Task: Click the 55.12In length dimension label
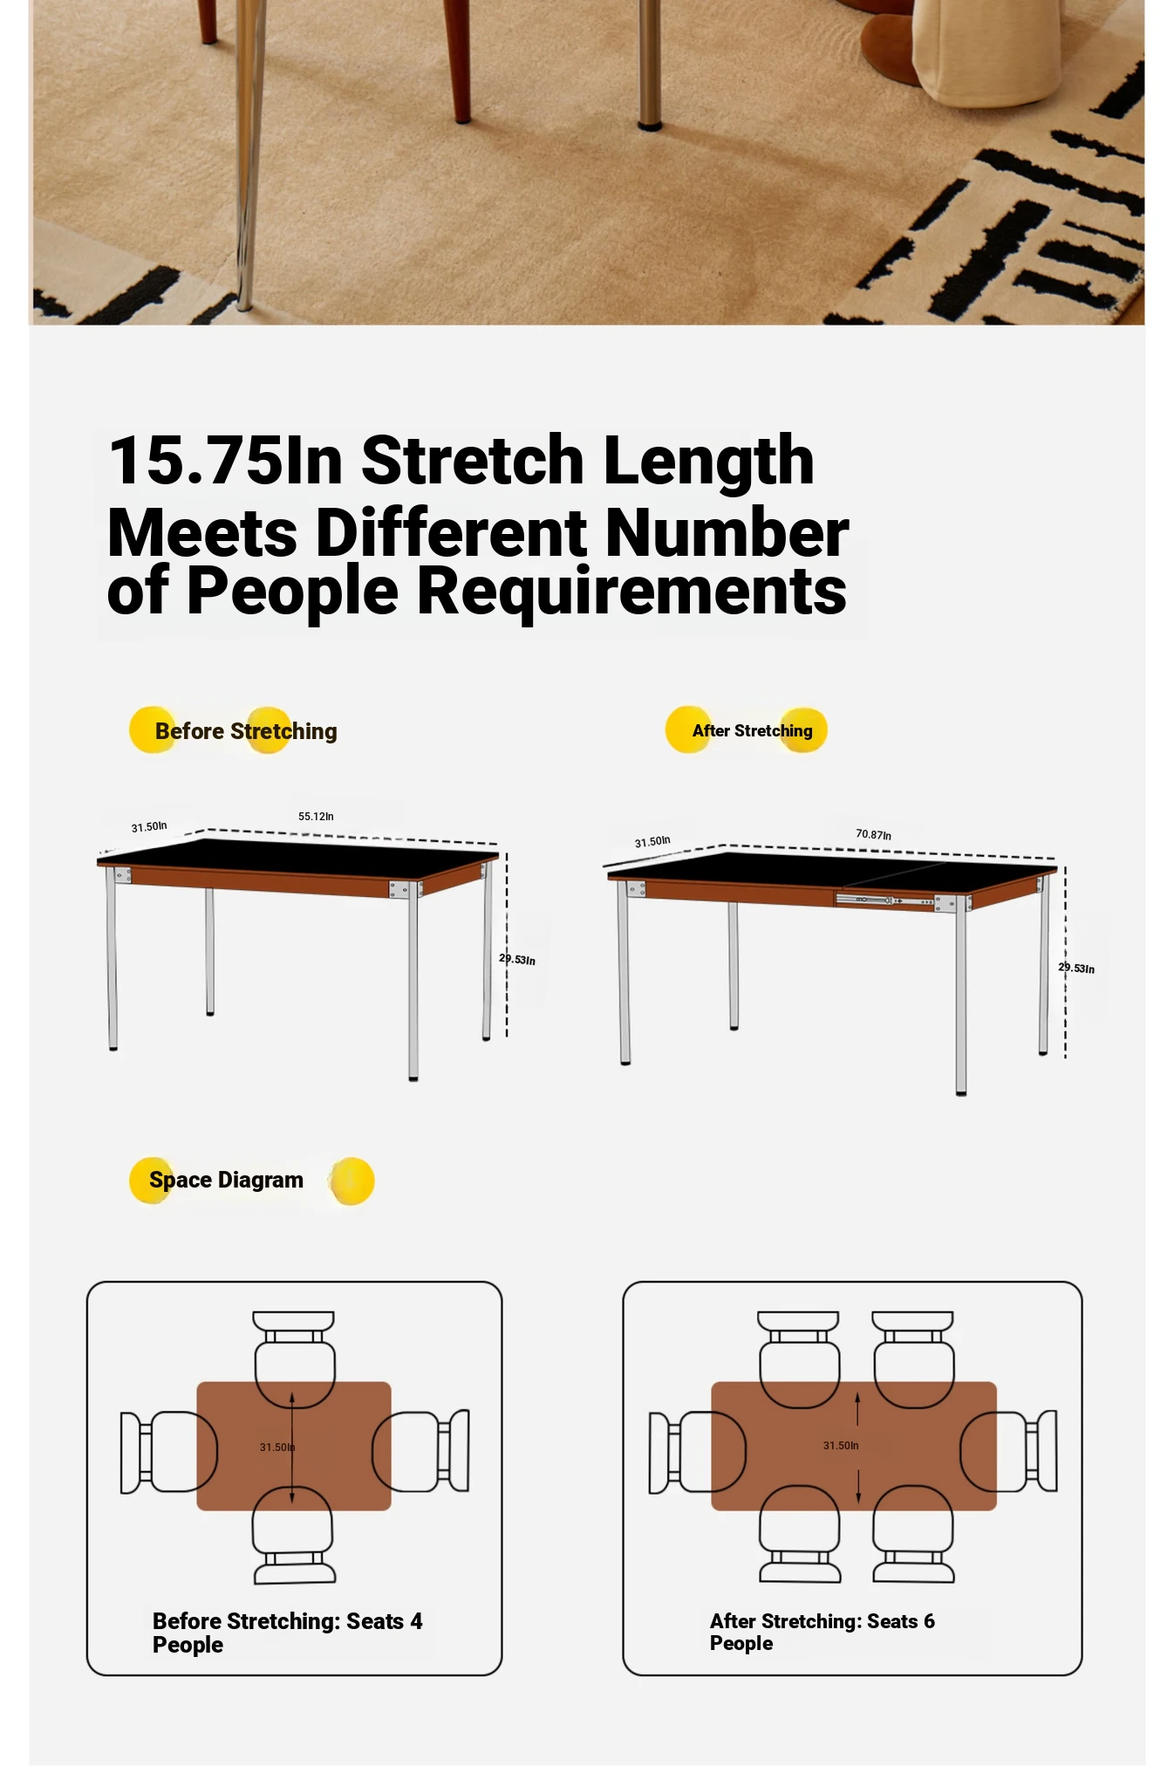click(316, 817)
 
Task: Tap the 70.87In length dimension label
click(873, 835)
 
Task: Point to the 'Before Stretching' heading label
click(246, 731)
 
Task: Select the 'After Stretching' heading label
click(752, 730)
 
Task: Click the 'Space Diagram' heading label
click(226, 1180)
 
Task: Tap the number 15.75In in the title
click(225, 460)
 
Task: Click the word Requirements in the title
click(631, 591)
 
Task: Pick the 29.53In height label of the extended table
click(1076, 968)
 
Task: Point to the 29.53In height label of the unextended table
click(517, 959)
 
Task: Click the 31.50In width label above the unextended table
click(149, 826)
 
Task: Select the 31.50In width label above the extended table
click(652, 842)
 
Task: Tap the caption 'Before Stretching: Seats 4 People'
click(287, 1633)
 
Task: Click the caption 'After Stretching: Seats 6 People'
click(822, 1632)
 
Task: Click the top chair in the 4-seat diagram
click(294, 1359)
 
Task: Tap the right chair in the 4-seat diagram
click(420, 1451)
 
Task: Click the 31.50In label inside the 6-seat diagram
click(841, 1446)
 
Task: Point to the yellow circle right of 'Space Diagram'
click(352, 1181)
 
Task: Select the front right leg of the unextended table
click(413, 986)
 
